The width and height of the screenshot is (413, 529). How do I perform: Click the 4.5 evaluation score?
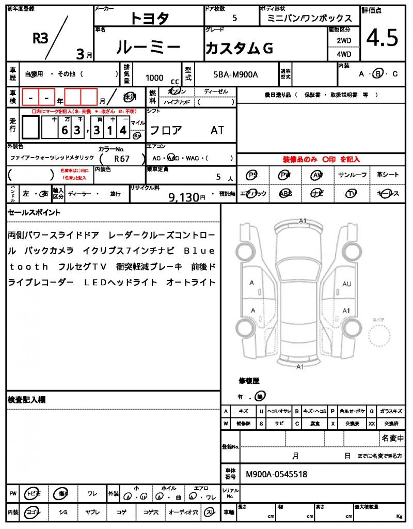(382, 38)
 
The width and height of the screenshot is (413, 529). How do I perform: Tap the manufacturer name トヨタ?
(149, 18)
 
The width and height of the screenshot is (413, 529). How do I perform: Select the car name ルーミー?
(149, 48)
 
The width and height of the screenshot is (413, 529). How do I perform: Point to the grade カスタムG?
(239, 48)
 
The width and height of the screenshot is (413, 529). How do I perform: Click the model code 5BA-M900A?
(235, 75)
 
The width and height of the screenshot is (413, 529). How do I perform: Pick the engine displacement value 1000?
(154, 77)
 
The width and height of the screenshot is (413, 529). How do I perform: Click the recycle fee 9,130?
(184, 197)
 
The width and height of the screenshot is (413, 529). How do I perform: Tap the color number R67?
(122, 159)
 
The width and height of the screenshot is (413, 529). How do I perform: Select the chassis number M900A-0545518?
(276, 474)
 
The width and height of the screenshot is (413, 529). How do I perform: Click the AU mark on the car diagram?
(346, 284)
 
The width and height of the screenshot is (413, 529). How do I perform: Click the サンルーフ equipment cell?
(353, 175)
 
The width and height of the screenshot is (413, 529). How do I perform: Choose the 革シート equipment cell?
(388, 175)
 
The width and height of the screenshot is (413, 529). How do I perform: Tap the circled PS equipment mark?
(252, 175)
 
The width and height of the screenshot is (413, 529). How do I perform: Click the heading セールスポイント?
(34, 212)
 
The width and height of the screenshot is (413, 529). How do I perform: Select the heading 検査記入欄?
(27, 400)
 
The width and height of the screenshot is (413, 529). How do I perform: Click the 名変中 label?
(392, 439)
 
